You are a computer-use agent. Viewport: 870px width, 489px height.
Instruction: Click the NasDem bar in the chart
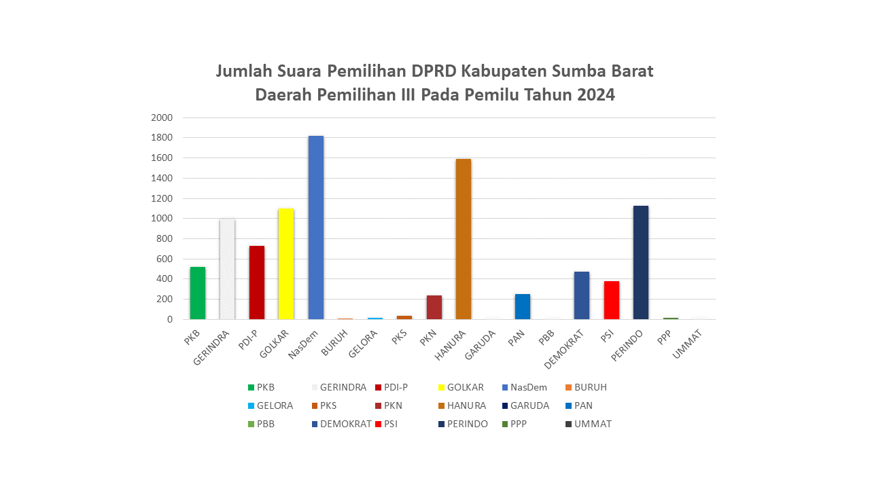316,228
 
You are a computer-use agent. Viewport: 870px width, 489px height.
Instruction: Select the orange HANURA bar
464,239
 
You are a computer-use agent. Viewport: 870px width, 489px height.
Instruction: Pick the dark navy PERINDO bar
641,262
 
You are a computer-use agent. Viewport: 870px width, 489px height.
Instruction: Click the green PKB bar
198,293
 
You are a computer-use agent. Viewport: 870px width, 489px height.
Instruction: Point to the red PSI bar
611,300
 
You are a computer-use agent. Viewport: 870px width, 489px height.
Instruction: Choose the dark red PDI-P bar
257,283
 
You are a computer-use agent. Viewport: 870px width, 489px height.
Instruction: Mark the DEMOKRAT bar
582,295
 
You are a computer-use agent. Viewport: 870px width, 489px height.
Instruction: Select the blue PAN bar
523,306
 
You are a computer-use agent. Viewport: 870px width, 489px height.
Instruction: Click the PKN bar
434,307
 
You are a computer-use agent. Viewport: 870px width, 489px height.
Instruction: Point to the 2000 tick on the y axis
162,117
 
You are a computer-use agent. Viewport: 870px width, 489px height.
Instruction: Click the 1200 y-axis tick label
162,198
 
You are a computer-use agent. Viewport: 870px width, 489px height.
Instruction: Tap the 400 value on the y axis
165,279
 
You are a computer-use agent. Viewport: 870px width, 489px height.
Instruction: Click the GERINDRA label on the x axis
213,348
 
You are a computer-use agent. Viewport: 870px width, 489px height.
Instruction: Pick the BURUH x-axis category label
336,343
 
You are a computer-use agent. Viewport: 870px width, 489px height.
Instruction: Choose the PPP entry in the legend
519,424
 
